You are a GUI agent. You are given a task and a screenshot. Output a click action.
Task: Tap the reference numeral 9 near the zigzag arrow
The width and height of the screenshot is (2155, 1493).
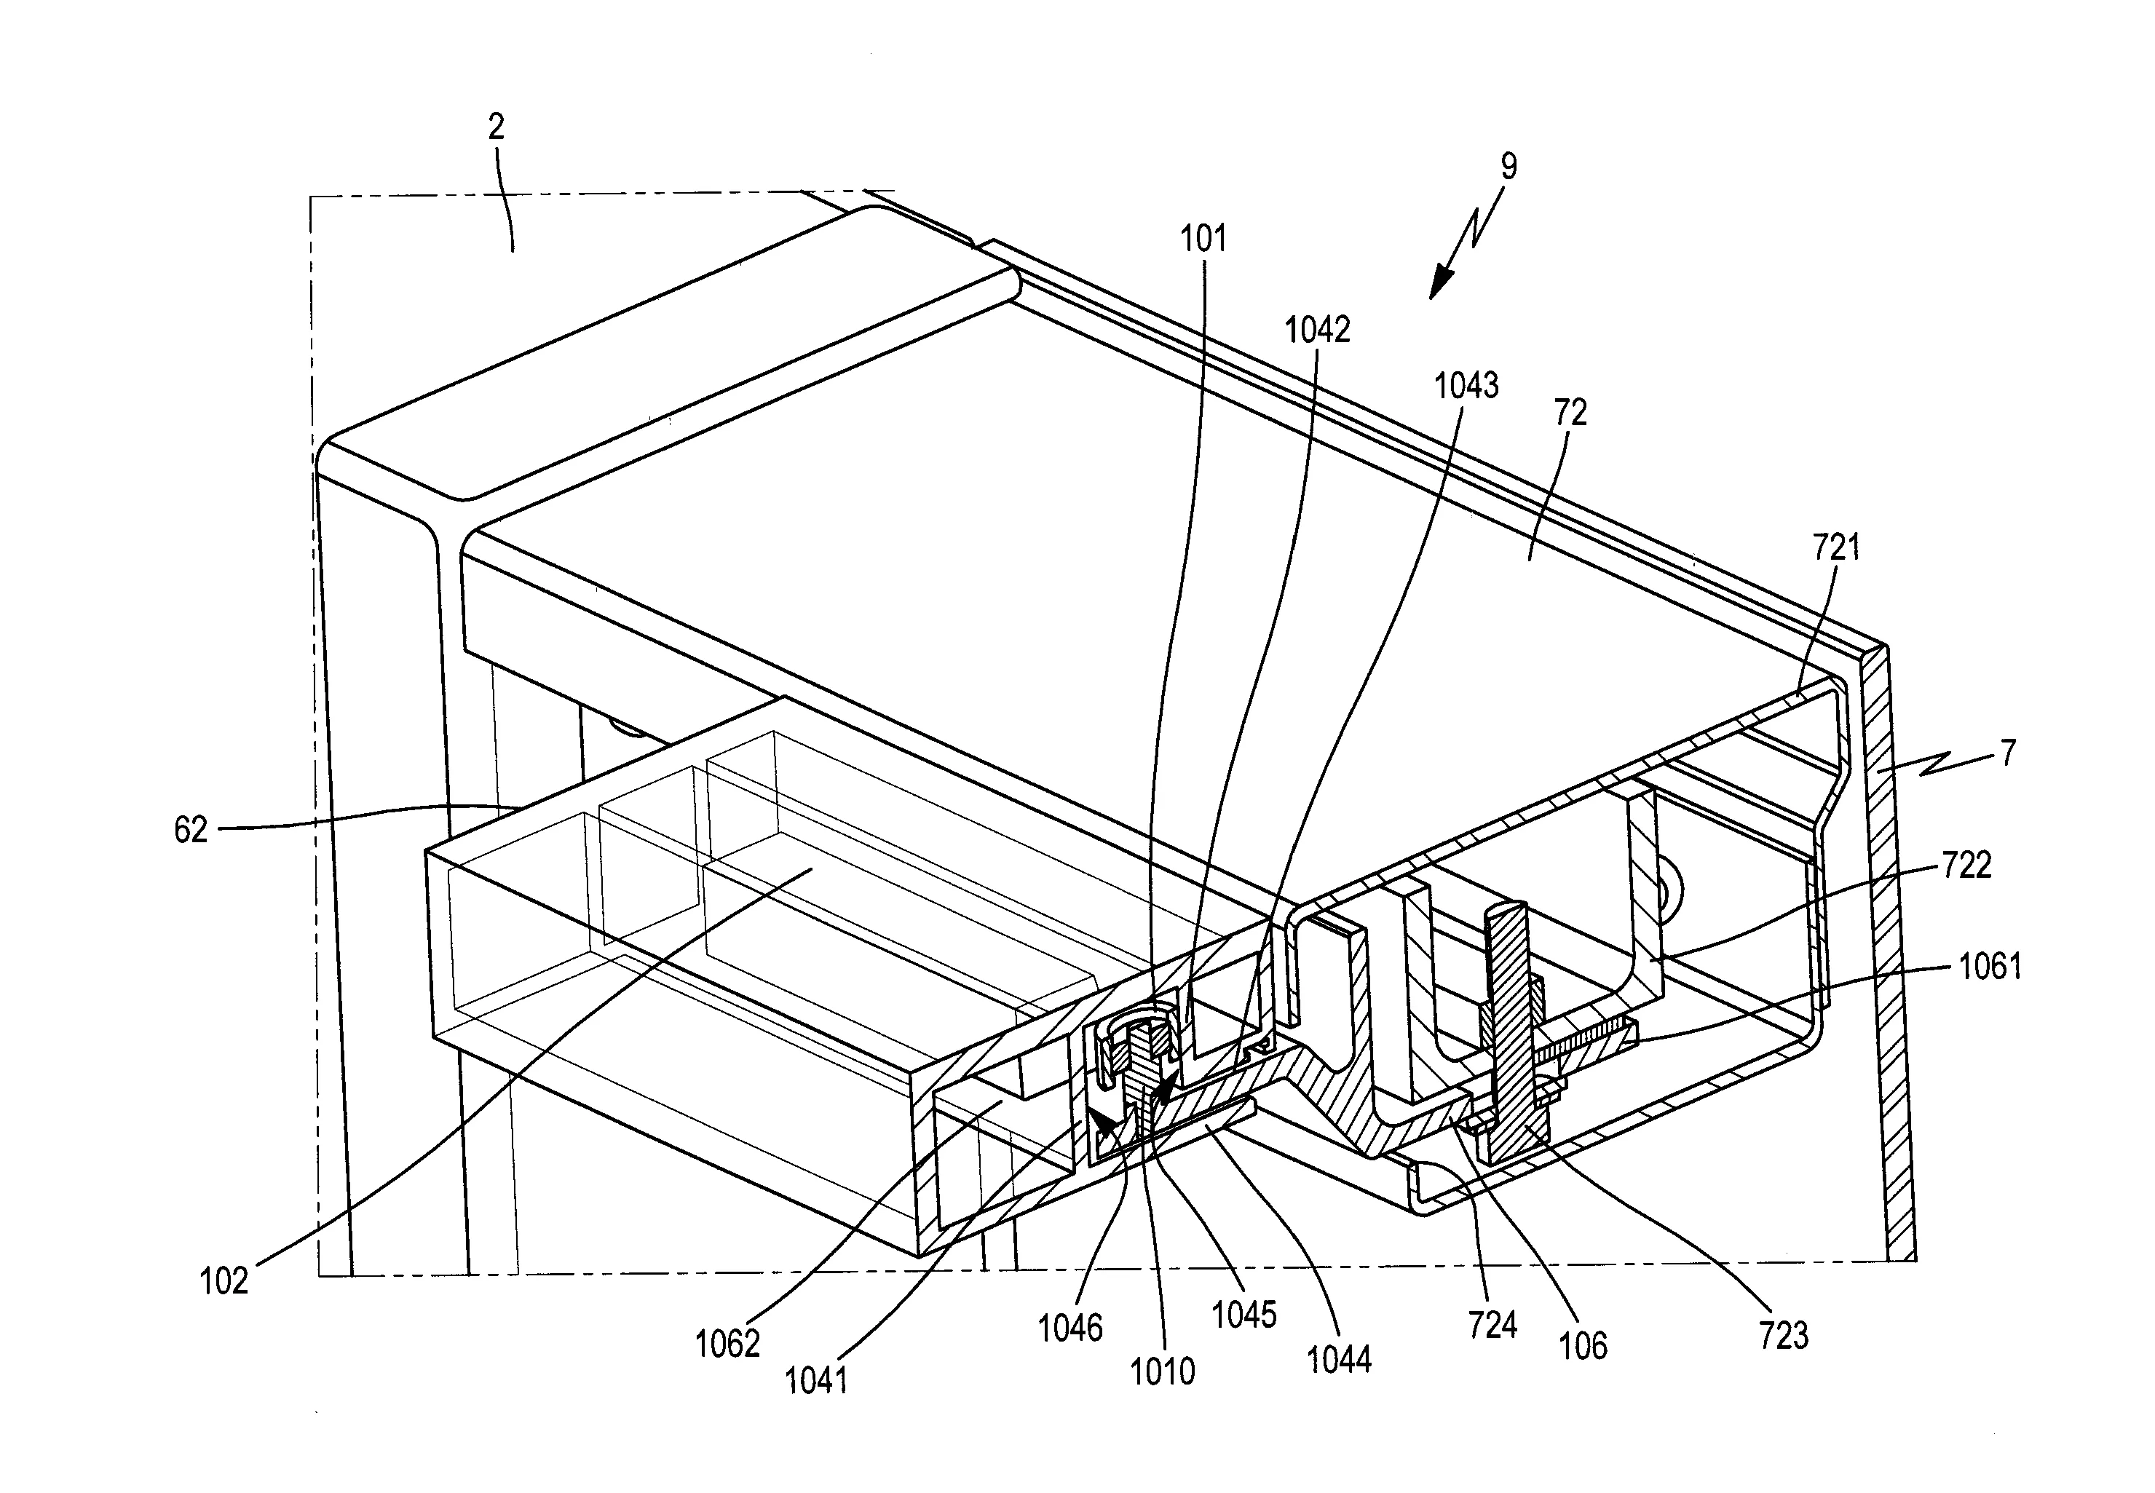click(x=1508, y=167)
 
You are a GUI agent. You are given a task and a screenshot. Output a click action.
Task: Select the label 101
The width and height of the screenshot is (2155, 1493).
click(x=1203, y=239)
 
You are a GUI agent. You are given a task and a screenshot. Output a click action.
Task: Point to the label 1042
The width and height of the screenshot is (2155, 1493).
click(x=1317, y=330)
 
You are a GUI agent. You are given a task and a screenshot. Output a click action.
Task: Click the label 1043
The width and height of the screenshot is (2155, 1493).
click(x=1466, y=385)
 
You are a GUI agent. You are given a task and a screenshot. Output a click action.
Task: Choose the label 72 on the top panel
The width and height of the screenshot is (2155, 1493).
click(x=1570, y=413)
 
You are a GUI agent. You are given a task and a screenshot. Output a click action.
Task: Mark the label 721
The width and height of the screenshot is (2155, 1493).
click(x=1836, y=547)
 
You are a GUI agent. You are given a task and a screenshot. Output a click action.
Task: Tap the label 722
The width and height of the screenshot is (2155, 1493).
click(x=1966, y=866)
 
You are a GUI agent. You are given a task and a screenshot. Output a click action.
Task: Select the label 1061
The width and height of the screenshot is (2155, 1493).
click(x=1990, y=966)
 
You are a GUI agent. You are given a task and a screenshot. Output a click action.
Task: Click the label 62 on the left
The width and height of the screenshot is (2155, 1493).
click(x=191, y=830)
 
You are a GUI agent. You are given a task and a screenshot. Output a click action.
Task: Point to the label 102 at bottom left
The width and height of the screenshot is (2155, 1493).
click(x=224, y=1280)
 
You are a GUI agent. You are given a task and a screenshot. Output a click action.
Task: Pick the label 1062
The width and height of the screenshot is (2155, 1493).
click(x=727, y=1345)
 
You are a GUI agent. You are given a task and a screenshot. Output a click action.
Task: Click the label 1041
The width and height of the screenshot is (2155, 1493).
click(x=815, y=1381)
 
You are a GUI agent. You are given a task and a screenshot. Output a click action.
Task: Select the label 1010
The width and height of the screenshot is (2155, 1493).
click(x=1162, y=1372)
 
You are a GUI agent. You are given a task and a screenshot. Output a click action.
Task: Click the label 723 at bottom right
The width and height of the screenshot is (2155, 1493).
click(x=1783, y=1336)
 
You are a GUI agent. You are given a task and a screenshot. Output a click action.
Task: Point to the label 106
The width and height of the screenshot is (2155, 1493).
click(x=1583, y=1346)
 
